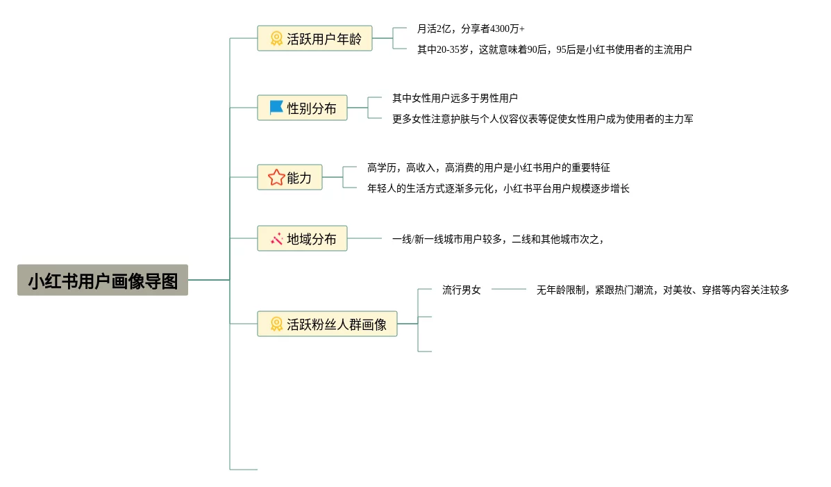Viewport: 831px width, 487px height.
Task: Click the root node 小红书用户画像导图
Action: click(103, 280)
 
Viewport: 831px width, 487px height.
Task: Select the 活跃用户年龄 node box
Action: click(314, 38)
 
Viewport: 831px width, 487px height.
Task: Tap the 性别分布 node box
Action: click(302, 108)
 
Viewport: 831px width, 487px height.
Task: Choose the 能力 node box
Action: click(290, 177)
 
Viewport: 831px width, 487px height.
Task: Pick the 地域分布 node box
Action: click(302, 238)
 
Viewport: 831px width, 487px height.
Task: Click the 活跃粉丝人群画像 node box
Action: click(327, 324)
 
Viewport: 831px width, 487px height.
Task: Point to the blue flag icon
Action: click(276, 108)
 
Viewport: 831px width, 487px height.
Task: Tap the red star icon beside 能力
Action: click(276, 177)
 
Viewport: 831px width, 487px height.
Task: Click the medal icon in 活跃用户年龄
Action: click(276, 38)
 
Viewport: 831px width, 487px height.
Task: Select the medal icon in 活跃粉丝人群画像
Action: click(276, 324)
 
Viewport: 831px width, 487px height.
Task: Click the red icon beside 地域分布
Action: click(276, 239)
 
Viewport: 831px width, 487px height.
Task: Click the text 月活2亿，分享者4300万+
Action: click(471, 28)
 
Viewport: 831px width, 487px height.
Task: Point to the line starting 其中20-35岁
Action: click(555, 49)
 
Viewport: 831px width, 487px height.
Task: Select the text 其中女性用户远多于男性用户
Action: click(455, 98)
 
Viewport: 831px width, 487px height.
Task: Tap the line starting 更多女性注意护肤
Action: click(543, 119)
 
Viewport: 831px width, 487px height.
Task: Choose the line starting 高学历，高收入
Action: click(489, 167)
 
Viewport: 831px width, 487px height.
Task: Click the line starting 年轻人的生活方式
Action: click(498, 188)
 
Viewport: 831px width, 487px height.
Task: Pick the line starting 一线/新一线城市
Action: click(498, 239)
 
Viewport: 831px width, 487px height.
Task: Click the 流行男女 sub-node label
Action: click(462, 290)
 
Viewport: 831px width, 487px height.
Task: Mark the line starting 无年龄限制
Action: click(662, 290)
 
